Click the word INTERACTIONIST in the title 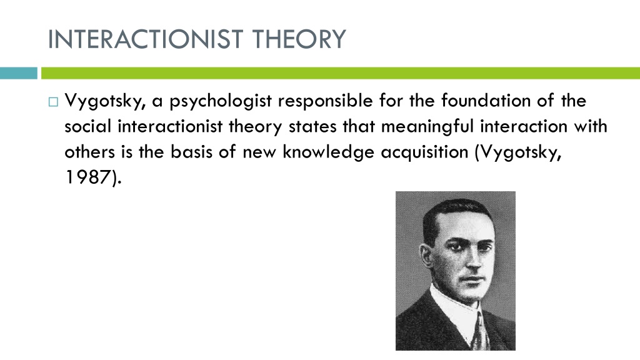(146, 39)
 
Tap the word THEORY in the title (299, 39)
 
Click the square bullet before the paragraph (53, 102)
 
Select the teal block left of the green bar (18, 73)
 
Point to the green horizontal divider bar (341, 73)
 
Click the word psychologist (221, 101)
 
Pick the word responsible (325, 101)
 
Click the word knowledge (328, 152)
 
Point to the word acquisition (424, 152)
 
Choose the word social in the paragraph (87, 126)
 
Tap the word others (90, 152)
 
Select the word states (312, 127)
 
